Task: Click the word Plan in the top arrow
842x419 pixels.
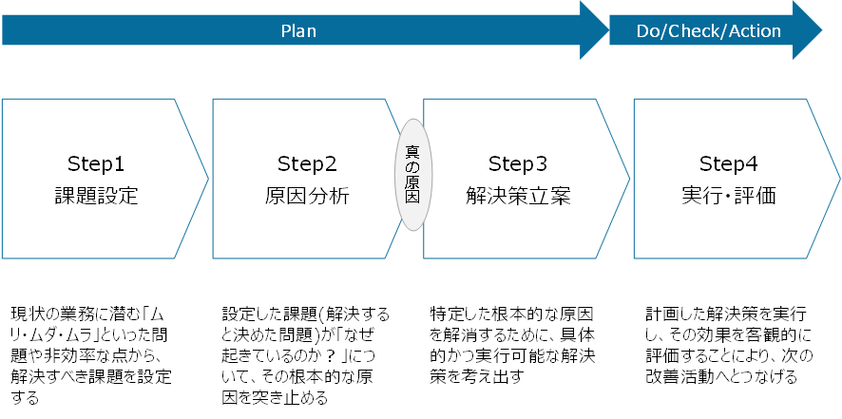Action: point(298,30)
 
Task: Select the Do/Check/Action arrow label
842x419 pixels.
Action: point(708,30)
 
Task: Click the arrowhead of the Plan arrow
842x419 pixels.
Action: point(595,30)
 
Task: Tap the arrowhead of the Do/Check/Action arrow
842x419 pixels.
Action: point(808,30)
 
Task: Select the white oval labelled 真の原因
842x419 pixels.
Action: point(413,175)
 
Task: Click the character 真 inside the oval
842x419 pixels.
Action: point(413,151)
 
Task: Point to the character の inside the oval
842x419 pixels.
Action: point(413,167)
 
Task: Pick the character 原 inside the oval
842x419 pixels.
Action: point(413,182)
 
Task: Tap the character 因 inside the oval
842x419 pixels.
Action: point(413,199)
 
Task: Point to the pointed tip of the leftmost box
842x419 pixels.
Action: point(207,178)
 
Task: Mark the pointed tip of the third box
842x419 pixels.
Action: point(629,178)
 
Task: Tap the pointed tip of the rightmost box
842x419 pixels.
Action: point(840,178)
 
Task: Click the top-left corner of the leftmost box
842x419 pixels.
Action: point(3,99)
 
